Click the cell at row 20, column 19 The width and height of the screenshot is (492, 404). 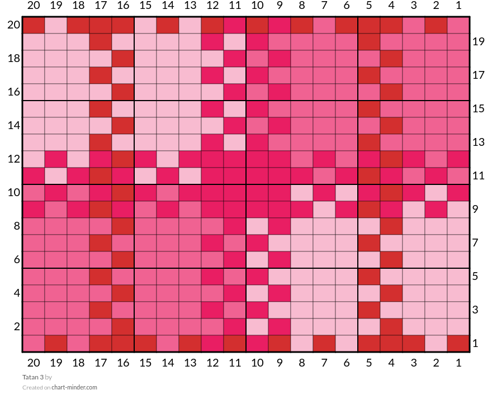[x=56, y=25]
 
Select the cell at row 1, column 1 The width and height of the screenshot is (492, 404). [x=458, y=344]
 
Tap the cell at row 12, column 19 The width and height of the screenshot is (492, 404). [x=56, y=159]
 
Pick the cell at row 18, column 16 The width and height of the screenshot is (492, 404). [x=123, y=59]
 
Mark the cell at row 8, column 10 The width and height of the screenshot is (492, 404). [x=257, y=226]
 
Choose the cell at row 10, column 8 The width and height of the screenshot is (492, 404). [x=302, y=193]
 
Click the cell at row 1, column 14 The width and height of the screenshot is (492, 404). [x=168, y=344]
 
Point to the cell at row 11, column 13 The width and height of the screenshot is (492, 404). [x=190, y=176]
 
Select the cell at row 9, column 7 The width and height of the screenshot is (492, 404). [x=324, y=210]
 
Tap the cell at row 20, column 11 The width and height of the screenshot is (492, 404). [x=235, y=25]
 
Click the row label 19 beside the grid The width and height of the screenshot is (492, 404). [x=478, y=42]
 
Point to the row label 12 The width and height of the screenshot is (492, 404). [x=14, y=159]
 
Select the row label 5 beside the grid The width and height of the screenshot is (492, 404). [x=475, y=277]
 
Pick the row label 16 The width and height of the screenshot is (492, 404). [x=14, y=92]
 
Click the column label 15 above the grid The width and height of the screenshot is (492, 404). [x=145, y=6]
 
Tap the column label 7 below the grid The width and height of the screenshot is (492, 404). [x=324, y=363]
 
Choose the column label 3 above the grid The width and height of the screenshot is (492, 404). [x=414, y=6]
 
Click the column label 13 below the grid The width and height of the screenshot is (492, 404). [x=190, y=363]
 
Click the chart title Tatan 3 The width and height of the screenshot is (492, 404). [x=33, y=377]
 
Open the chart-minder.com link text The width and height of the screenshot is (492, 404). [x=74, y=387]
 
